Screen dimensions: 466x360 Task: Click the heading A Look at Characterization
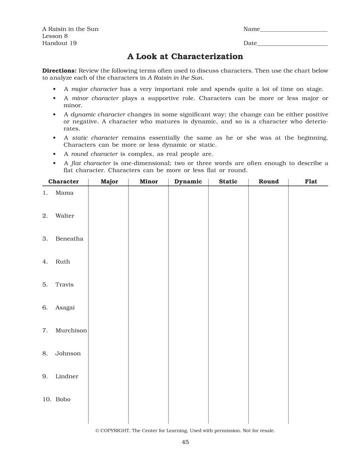point(185,57)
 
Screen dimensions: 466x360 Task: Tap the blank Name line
point(293,30)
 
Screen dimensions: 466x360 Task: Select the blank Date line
point(292,44)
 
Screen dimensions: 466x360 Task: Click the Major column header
point(109,182)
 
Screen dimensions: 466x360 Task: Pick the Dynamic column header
point(188,182)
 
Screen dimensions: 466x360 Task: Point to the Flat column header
point(311,182)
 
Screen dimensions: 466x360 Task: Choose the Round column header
point(269,182)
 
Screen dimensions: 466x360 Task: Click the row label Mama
point(64,193)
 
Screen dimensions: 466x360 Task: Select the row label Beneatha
point(69,239)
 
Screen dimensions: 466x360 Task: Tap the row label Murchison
point(71,330)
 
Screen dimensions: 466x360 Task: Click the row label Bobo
point(63,399)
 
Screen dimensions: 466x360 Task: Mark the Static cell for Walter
point(228,216)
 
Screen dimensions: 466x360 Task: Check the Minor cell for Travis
point(149,285)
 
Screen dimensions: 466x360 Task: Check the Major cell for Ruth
point(109,262)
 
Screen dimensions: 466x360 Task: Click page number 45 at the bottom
point(185,443)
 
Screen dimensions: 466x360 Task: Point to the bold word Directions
point(59,71)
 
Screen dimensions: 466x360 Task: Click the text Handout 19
point(60,43)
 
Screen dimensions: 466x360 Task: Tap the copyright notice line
point(185,431)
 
